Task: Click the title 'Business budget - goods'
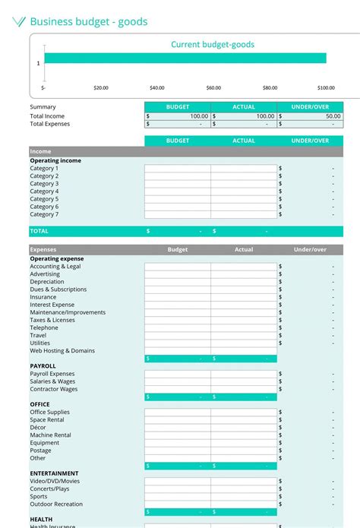click(88, 22)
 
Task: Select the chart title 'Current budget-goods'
click(212, 45)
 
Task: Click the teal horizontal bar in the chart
click(185, 58)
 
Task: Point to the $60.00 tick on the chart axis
click(213, 88)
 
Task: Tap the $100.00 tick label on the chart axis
click(326, 88)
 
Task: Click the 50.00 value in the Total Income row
click(332, 116)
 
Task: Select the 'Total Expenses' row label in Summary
click(49, 124)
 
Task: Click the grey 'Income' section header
click(41, 151)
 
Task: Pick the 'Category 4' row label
click(44, 191)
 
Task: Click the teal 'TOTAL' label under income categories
click(39, 231)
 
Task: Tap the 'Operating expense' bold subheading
click(57, 258)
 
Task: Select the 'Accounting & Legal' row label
click(55, 267)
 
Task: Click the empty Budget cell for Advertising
click(178, 274)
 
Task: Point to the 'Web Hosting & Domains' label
click(62, 351)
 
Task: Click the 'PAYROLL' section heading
click(43, 366)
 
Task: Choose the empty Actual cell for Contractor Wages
click(244, 389)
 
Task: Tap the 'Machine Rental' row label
click(50, 435)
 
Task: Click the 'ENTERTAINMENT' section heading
click(54, 473)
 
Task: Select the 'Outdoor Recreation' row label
click(56, 504)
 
